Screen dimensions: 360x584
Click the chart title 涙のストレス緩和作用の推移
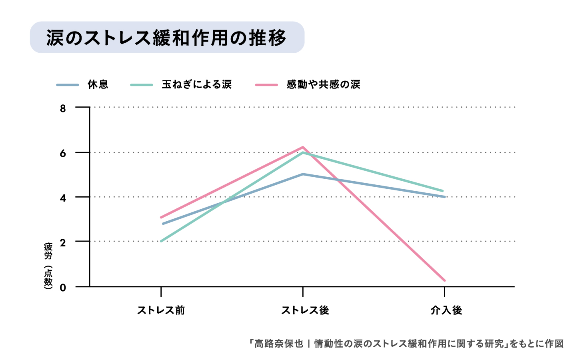point(166,38)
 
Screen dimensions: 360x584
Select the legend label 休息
point(98,84)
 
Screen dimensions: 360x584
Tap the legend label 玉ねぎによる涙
point(197,84)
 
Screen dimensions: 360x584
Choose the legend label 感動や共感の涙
point(323,84)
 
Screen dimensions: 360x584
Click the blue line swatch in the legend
point(67,85)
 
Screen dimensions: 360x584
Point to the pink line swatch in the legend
point(266,85)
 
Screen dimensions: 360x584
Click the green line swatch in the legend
point(142,85)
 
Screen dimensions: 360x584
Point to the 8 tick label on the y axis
point(63,108)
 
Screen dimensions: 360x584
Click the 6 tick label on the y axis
point(63,153)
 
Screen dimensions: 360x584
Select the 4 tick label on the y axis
point(63,198)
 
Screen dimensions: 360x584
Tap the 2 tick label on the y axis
point(63,242)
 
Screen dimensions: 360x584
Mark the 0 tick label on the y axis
point(63,287)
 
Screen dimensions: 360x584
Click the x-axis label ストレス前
point(161,310)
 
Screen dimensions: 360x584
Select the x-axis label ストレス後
point(305,310)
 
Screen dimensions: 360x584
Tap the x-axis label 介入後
point(446,310)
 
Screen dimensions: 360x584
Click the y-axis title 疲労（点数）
point(48,266)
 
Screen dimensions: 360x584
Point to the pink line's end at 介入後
point(444,280)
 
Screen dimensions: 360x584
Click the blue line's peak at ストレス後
point(303,174)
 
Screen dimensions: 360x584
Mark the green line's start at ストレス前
point(161,241)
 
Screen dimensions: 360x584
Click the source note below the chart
point(406,344)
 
